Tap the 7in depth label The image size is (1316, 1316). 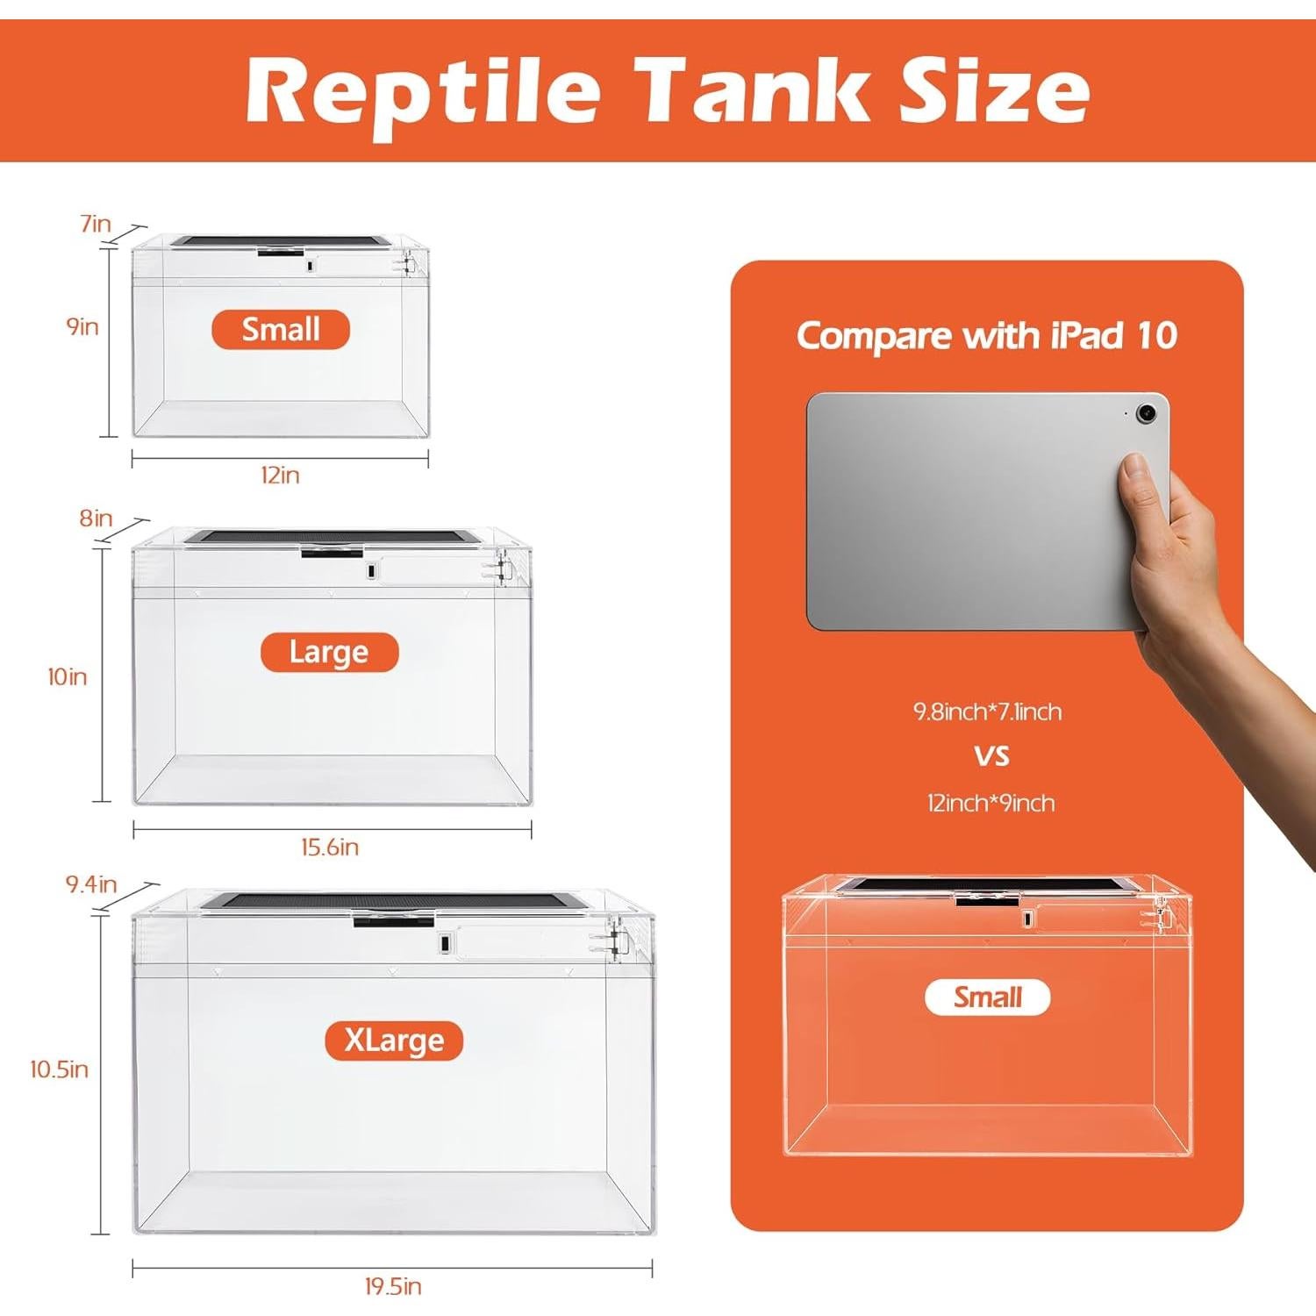(96, 224)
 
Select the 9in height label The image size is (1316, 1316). (82, 327)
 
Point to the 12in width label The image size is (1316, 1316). (280, 476)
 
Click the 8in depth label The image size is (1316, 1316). (96, 519)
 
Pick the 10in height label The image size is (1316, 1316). (68, 676)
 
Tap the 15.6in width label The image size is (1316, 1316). (330, 848)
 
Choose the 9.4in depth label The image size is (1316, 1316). (91, 884)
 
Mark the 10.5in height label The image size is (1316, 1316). (60, 1069)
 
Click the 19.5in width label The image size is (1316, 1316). (393, 1287)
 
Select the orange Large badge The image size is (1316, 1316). (329, 653)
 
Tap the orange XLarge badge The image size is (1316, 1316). (394, 1041)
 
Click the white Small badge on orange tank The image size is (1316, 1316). (988, 998)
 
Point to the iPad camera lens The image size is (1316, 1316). (1146, 413)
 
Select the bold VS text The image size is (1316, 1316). (991, 756)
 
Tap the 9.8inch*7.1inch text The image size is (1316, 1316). (988, 712)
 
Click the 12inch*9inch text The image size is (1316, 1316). (991, 804)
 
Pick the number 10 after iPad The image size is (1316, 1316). (1155, 336)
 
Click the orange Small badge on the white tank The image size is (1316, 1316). (281, 330)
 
